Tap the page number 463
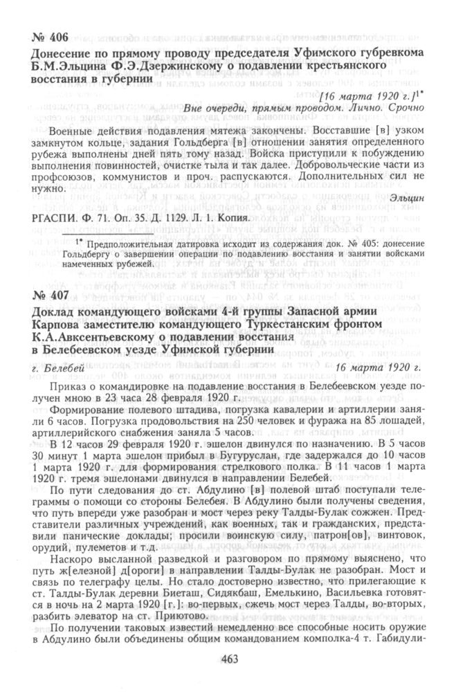click(x=227, y=659)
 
